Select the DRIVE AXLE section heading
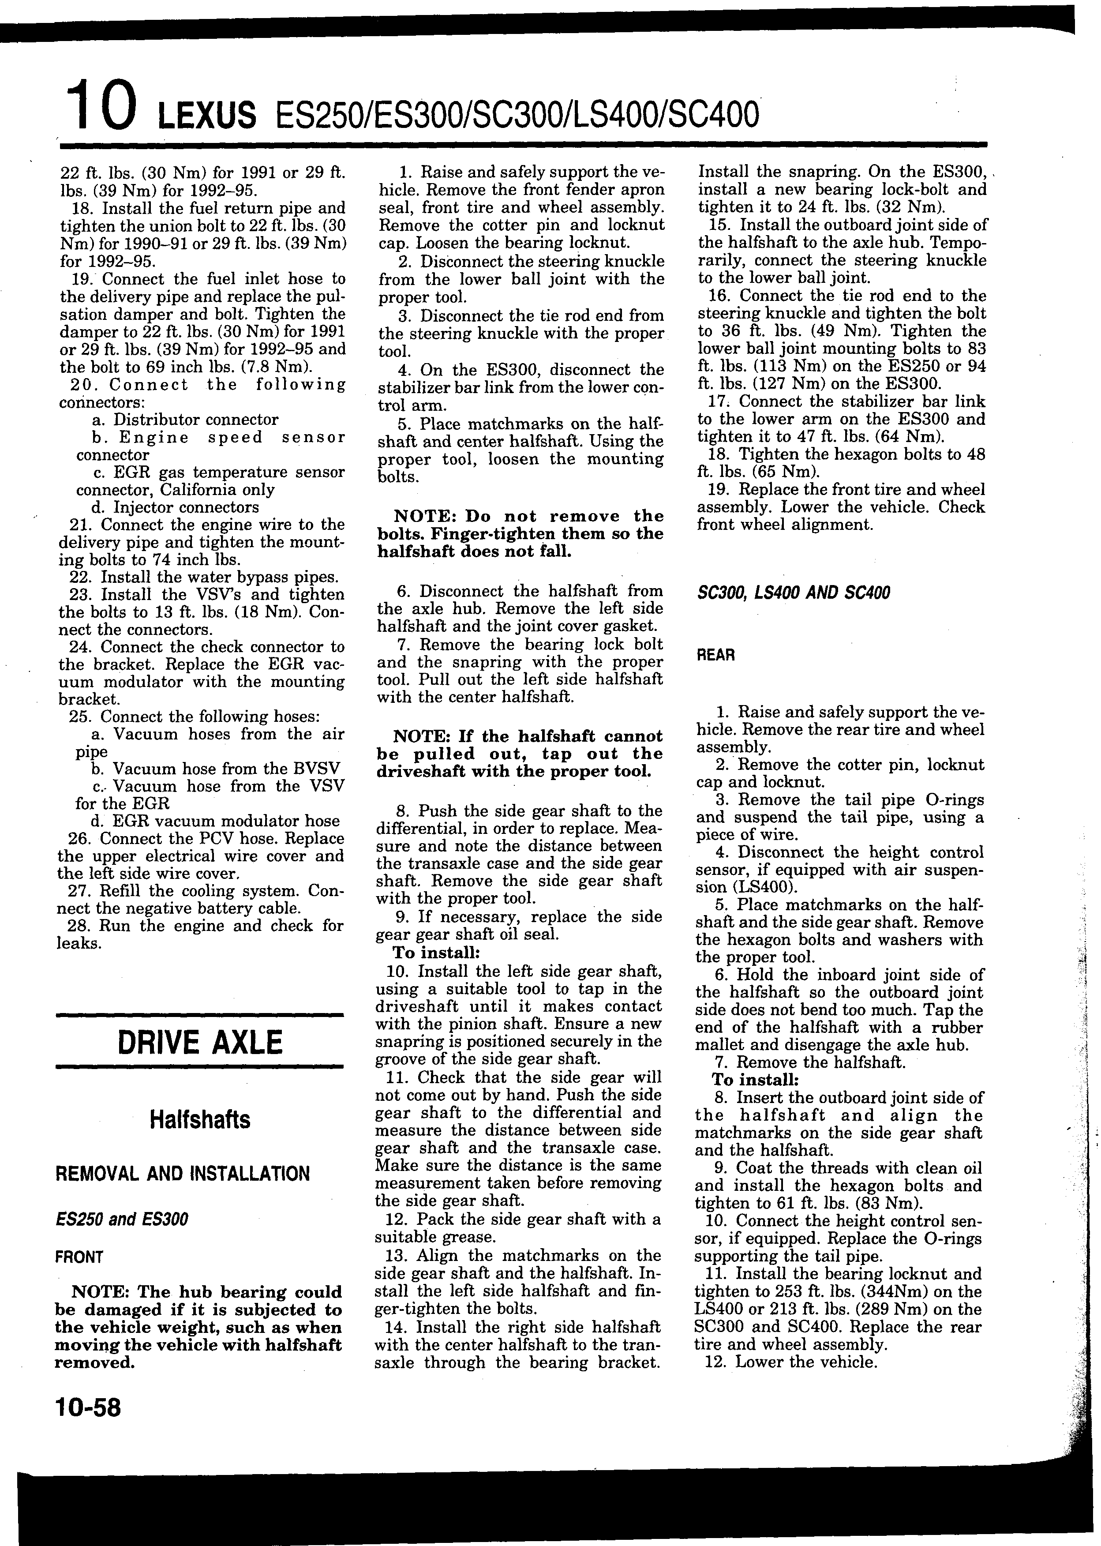coord(199,1042)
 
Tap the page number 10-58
coord(88,1407)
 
